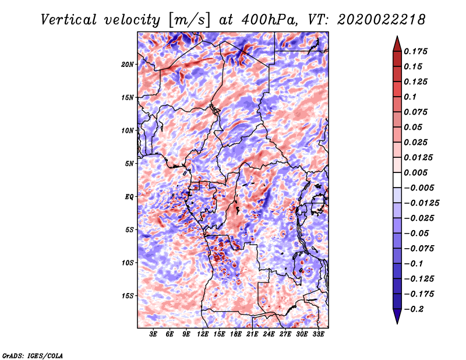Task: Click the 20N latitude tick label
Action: click(128, 65)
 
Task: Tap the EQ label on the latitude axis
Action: click(129, 197)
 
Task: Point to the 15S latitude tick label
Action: click(128, 296)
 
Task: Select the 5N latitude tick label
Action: click(129, 164)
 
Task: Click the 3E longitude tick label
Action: click(153, 334)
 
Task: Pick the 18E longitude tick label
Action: click(235, 334)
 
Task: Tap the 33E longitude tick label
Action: click(318, 334)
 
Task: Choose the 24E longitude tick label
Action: click(269, 334)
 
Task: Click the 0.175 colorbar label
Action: click(415, 51)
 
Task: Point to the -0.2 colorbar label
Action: click(414, 309)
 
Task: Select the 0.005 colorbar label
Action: click(415, 172)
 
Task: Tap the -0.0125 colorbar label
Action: click(421, 203)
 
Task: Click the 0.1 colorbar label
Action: click(410, 97)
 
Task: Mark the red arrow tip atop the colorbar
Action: click(397, 36)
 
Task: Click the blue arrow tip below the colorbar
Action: click(397, 323)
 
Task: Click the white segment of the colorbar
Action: click(397, 180)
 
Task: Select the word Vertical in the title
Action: click(69, 20)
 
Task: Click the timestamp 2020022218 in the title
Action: click(382, 20)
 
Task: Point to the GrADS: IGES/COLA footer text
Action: click(33, 355)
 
